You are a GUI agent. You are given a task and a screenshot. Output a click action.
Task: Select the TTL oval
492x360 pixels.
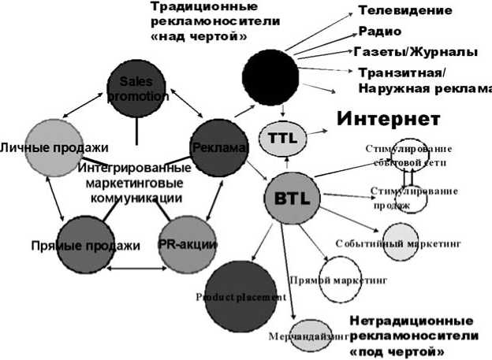(282, 136)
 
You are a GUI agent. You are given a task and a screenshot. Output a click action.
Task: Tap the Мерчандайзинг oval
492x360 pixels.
(308, 334)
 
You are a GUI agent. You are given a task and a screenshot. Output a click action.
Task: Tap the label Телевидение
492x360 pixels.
(405, 11)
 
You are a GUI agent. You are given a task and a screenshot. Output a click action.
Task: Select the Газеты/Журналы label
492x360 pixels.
(416, 52)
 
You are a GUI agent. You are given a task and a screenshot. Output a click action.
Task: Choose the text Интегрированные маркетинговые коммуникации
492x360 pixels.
(135, 183)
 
